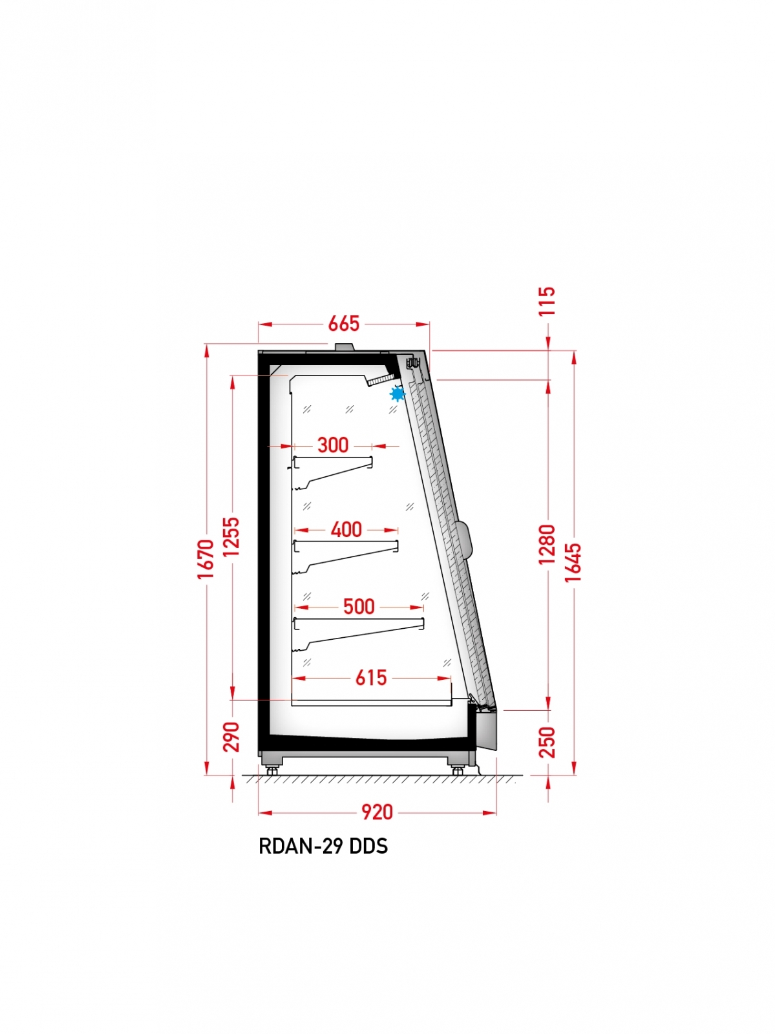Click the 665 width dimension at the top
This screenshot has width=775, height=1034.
[343, 324]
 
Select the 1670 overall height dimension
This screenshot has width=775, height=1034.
[206, 559]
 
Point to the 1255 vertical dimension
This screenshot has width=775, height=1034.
[231, 536]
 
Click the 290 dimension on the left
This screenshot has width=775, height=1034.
[231, 736]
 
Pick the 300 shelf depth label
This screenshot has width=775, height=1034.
[333, 445]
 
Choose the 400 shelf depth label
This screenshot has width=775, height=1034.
[346, 529]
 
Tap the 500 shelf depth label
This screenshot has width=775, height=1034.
[359, 607]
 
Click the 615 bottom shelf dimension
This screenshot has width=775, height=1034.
[371, 678]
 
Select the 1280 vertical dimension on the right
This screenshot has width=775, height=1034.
[547, 544]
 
